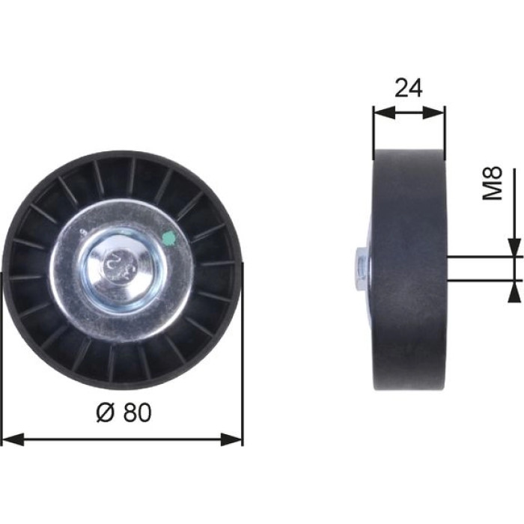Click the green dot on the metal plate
169,238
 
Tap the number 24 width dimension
409,88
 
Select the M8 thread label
493,183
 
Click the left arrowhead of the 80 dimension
13,439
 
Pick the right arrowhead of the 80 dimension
231,439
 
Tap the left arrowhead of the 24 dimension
384,113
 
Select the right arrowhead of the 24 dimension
433,113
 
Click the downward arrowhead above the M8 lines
515,247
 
